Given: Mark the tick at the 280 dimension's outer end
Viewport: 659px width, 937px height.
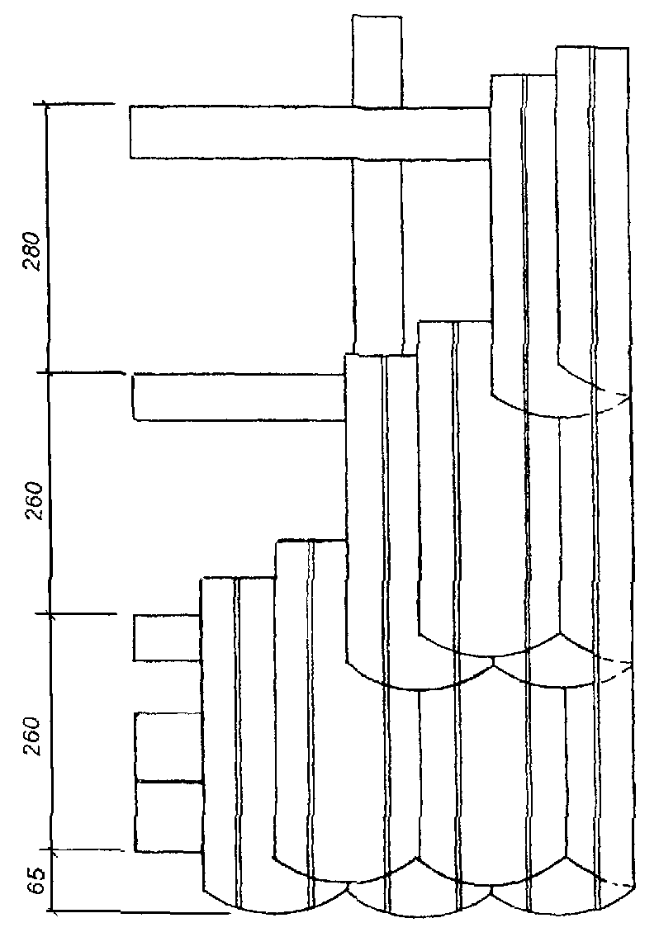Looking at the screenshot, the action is coord(46,105).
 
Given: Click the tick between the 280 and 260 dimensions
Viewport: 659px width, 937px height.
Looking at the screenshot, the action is coord(49,373).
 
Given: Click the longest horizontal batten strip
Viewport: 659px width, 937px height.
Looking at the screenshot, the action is coord(310,132).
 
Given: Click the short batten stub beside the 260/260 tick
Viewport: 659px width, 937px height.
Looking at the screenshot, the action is coord(168,637).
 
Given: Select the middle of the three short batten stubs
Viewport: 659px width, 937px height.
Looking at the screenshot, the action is coord(168,746).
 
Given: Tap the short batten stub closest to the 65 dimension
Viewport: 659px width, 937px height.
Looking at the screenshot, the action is coord(168,816).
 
